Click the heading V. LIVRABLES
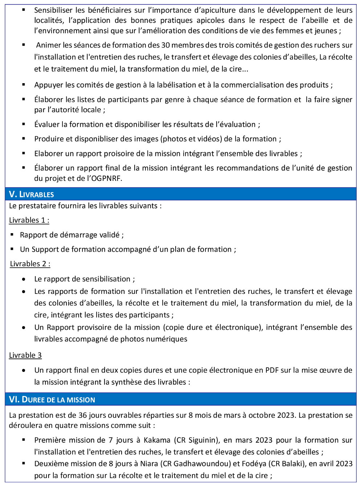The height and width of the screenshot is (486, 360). [x=31, y=194]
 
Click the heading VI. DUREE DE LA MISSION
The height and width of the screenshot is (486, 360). [x=52, y=400]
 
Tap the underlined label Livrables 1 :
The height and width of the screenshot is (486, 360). [x=29, y=220]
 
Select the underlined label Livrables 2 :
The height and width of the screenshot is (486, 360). [x=30, y=264]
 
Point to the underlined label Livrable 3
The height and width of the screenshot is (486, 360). [x=25, y=355]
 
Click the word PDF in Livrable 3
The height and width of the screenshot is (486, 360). [x=272, y=370]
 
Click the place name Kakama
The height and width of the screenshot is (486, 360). [x=157, y=440]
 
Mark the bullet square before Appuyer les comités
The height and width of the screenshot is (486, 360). [x=24, y=85]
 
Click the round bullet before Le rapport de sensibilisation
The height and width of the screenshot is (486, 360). [x=24, y=279]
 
